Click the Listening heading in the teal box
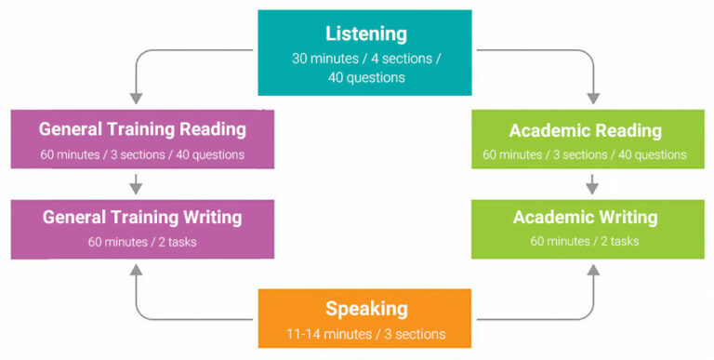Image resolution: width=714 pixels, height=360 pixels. click(365, 34)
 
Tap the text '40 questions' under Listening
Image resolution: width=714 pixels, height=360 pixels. click(365, 77)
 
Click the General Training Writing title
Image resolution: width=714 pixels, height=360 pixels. click(142, 218)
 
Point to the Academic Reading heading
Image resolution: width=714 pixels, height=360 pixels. click(585, 130)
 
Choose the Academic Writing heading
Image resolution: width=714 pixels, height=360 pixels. click(585, 218)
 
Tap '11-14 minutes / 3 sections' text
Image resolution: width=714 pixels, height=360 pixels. click(365, 334)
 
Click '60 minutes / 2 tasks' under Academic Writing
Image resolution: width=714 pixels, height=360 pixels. click(585, 242)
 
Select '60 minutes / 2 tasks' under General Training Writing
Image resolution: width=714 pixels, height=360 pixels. click(142, 242)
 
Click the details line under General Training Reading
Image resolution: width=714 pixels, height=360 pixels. click(142, 154)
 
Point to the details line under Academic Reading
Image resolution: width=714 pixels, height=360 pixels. click(585, 154)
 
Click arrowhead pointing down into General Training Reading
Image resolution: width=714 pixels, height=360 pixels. click(136, 98)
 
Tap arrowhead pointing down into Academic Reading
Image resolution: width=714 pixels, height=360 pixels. click(593, 98)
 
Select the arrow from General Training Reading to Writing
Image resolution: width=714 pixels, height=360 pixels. click(136, 183)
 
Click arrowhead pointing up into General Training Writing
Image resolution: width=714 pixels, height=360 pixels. click(136, 271)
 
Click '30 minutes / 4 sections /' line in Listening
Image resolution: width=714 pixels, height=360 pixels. click(365, 59)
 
